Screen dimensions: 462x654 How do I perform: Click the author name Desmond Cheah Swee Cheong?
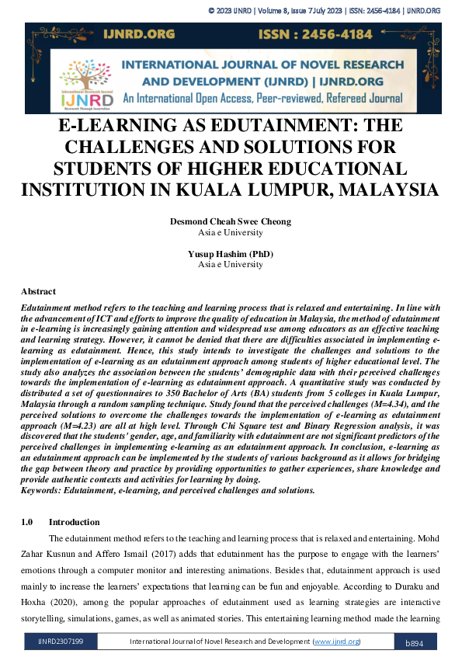231,221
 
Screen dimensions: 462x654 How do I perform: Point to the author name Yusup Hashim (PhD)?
231,254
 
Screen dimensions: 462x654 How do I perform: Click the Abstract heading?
38,291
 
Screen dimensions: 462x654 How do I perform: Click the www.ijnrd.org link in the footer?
335,642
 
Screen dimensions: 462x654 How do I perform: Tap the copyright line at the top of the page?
325,10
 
